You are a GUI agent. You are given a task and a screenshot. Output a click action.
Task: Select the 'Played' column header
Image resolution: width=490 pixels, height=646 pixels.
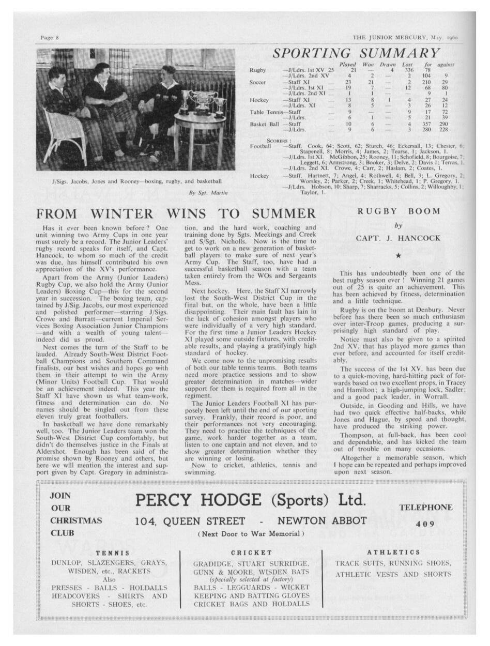(x=347, y=64)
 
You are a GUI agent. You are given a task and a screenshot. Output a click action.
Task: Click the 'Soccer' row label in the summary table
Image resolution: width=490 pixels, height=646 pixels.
(x=258, y=82)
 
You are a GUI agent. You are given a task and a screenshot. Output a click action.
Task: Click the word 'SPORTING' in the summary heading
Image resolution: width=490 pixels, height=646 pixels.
(x=311, y=53)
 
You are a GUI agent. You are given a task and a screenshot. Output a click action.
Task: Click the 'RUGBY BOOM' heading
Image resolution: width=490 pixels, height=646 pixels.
(x=399, y=211)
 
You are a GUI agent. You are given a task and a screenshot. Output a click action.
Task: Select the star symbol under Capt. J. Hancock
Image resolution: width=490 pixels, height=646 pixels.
(x=398, y=256)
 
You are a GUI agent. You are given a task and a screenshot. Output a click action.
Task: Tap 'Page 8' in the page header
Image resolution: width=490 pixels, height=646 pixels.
(x=50, y=38)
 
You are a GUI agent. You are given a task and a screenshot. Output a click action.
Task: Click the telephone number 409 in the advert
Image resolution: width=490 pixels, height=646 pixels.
(x=425, y=524)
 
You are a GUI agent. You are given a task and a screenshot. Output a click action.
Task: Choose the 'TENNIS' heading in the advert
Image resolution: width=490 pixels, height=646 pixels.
(x=109, y=552)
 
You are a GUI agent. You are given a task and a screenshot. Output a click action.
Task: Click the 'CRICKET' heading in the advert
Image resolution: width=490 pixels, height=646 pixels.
(x=252, y=552)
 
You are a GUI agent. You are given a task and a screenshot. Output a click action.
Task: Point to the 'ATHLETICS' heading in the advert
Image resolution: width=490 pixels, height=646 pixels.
(x=393, y=552)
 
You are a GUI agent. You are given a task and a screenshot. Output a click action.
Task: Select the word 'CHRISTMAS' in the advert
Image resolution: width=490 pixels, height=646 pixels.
(x=76, y=520)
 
